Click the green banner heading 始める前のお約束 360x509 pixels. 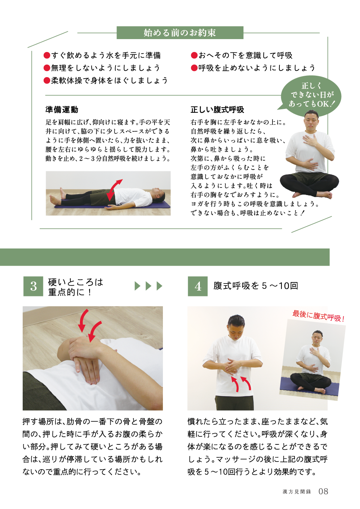point(180,33)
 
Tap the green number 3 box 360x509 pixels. point(33,286)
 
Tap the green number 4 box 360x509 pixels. point(198,286)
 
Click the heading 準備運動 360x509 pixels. point(62,110)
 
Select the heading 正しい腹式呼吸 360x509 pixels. point(217,110)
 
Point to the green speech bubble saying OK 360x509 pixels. point(310,95)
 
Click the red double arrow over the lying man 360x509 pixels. point(114,190)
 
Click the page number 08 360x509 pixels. point(323,491)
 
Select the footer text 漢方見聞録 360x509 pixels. point(297,492)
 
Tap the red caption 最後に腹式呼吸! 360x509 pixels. point(318,316)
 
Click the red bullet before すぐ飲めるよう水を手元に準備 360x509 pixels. point(47,56)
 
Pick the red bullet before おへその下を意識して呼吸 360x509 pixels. point(194,56)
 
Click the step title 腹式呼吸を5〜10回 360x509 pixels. point(255,286)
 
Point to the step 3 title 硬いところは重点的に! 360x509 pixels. point(76,287)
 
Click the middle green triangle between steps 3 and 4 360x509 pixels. point(148,286)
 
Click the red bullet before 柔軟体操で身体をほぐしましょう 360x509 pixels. point(47,80)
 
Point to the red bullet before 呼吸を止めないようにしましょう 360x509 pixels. point(194,68)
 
